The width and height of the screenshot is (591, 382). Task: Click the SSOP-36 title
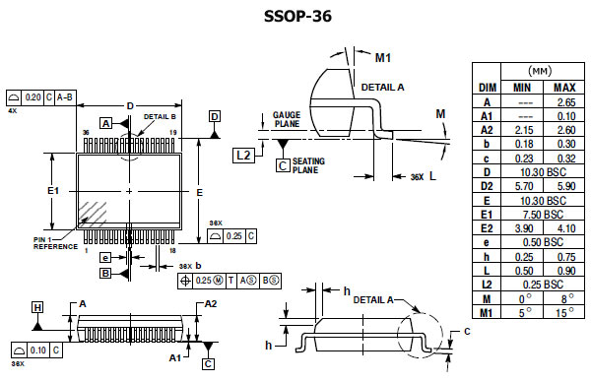tap(297, 16)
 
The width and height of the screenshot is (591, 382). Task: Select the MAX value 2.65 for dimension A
tap(566, 102)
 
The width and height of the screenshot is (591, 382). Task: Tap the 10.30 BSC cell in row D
tap(543, 172)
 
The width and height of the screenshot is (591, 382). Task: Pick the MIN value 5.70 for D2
tap(524, 186)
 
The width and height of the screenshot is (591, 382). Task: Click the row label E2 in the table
tap(487, 228)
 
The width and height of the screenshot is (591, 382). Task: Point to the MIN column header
tap(522, 88)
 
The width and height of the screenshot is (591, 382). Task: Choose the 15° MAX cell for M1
tap(564, 312)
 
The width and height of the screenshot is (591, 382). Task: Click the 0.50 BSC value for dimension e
tap(543, 242)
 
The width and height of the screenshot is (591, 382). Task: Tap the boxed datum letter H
tap(37, 308)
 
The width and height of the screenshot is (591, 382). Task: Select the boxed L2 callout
tap(243, 156)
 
